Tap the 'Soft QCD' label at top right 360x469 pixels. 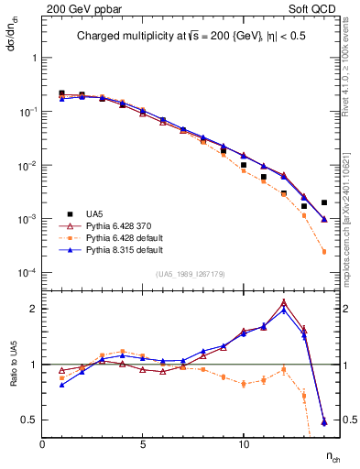click(x=316, y=7)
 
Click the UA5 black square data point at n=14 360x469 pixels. click(x=324, y=202)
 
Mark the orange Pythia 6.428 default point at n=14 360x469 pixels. click(x=324, y=252)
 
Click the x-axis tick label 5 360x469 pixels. click(x=143, y=444)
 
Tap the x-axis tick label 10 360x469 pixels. click(x=243, y=444)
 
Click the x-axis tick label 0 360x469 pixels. click(x=42, y=444)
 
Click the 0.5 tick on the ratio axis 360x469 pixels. click(x=29, y=420)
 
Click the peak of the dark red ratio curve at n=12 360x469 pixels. click(x=284, y=301)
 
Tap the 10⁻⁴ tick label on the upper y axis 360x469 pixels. click(x=25, y=274)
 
